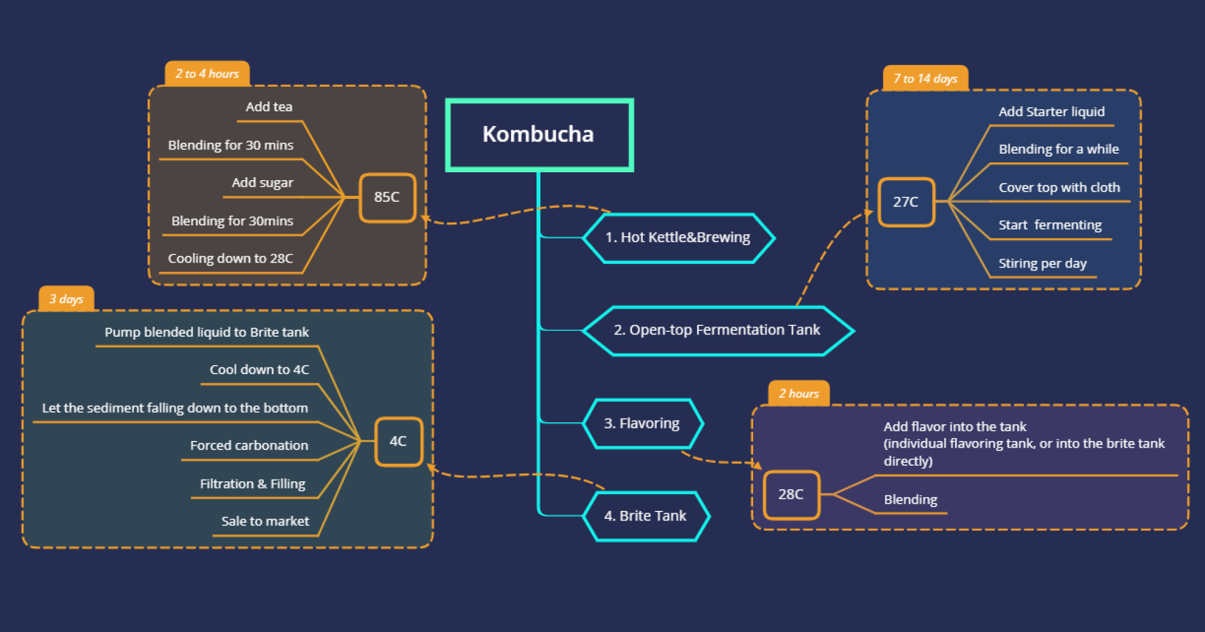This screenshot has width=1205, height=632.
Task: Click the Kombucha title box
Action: tap(539, 135)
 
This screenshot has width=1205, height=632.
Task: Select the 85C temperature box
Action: tap(387, 198)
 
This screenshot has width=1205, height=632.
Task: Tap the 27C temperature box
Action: tap(906, 202)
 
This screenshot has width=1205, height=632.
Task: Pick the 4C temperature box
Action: tap(398, 442)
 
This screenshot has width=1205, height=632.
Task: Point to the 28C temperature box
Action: tap(791, 495)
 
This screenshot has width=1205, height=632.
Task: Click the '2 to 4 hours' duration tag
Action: tap(207, 74)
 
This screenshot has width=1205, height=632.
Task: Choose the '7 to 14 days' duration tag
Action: tap(925, 78)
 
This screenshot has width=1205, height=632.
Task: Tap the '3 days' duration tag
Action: tap(66, 299)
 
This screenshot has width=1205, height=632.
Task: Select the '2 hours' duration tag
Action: tap(799, 393)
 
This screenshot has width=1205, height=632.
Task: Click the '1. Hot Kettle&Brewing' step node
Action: tap(678, 238)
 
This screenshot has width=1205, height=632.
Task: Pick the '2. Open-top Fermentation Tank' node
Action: tap(718, 331)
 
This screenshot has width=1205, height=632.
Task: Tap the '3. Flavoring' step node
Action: tap(642, 424)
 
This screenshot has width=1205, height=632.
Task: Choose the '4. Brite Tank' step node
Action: tap(646, 516)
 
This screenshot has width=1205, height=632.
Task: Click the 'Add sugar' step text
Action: tap(263, 183)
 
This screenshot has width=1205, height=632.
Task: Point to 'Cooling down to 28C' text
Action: tap(231, 258)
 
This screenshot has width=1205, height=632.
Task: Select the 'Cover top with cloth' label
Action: tap(1059, 187)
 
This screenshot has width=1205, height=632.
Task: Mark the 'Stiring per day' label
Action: tap(1042, 263)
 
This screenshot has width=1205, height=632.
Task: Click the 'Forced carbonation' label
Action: tap(249, 445)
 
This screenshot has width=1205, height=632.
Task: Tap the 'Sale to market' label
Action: tap(265, 521)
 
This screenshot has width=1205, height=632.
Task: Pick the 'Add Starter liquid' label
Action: tap(1051, 111)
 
